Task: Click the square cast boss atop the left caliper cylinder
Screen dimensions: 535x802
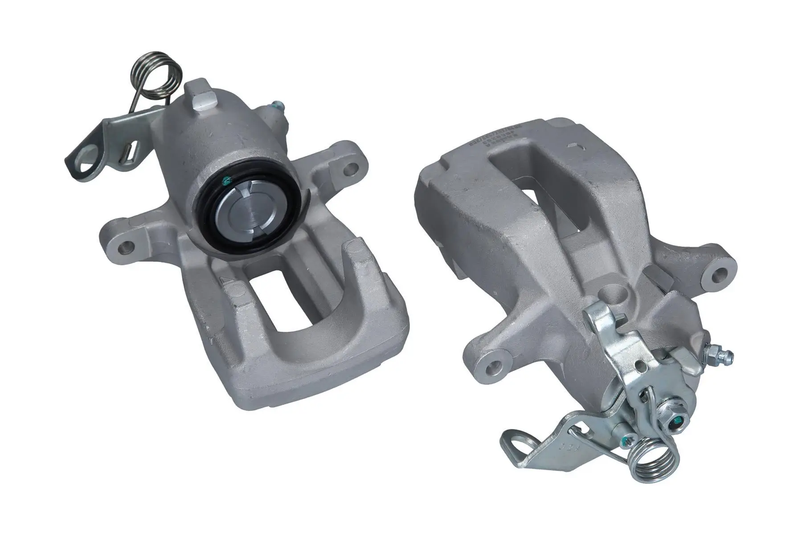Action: click(x=204, y=95)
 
